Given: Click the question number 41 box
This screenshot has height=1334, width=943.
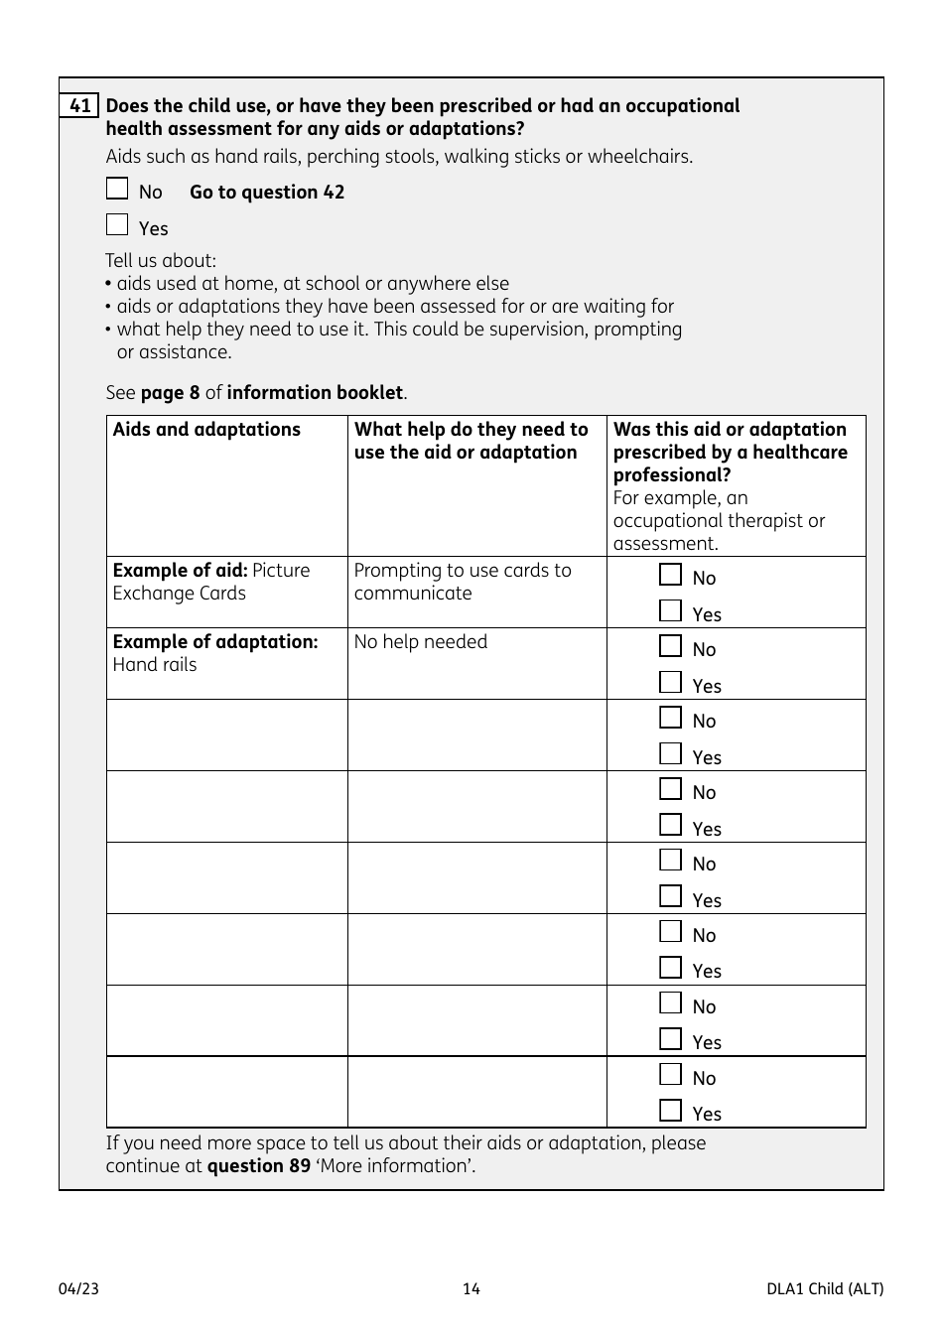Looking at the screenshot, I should pos(79,106).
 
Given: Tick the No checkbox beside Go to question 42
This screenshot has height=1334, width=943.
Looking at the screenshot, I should pos(117,190).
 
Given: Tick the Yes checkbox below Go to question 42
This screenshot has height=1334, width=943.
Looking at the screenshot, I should pos(117,225).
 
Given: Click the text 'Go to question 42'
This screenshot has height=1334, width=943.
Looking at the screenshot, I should pos(267,193).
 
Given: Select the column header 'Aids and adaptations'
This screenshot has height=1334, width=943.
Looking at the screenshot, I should pos(206,430).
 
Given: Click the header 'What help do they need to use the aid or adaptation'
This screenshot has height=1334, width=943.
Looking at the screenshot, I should pos(471,441).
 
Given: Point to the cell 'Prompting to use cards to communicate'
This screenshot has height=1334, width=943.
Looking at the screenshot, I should pos(463,582).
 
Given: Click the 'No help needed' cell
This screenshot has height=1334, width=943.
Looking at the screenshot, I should pos(421,642).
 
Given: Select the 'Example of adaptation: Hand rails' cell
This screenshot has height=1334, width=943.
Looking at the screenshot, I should pos(215,653).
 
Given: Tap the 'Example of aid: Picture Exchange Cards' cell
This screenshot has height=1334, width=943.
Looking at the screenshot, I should pos(211,582).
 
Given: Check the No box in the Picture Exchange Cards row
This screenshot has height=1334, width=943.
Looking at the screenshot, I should pos(671,576).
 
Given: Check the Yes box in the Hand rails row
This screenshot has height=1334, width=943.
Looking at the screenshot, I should pos(671,683).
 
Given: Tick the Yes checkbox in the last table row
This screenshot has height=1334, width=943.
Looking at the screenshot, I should pos(671,1111).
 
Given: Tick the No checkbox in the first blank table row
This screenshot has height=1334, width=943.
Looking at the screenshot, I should pos(671,719).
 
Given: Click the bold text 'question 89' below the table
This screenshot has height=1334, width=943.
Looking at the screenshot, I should pos(258,1166).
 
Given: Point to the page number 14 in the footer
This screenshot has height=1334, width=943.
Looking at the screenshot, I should pos(471,1289).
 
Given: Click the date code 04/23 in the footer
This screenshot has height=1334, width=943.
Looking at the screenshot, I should pos(78,1289).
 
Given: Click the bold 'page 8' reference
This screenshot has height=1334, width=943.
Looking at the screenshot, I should pos(170,393).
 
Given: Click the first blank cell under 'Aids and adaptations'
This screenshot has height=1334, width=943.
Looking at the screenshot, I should pos(227,735).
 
